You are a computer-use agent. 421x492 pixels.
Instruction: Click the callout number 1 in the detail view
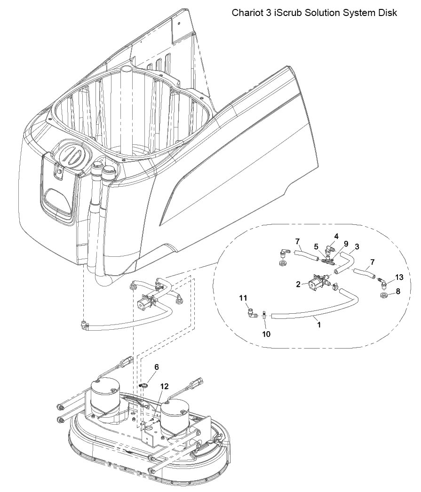319,325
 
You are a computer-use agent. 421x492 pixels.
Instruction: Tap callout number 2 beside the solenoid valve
298,284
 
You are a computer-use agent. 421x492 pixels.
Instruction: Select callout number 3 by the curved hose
357,246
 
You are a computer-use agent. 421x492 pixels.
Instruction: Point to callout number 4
336,236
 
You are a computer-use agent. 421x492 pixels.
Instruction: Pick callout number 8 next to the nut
398,292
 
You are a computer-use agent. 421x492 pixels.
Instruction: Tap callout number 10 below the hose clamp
266,334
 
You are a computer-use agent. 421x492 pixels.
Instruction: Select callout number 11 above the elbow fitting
244,298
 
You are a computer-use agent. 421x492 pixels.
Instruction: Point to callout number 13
399,277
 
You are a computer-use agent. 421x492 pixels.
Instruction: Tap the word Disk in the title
388,13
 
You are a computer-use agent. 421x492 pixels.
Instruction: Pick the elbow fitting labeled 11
251,313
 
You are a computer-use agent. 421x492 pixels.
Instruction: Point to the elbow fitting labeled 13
382,282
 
